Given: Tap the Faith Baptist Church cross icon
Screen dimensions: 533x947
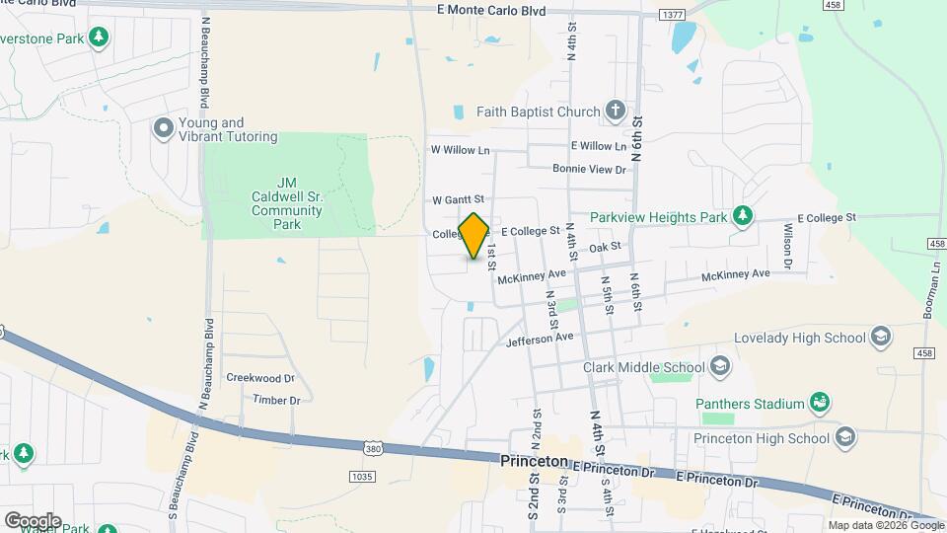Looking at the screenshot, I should tap(616, 110).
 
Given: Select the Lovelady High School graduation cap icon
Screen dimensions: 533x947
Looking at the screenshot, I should tap(882, 338).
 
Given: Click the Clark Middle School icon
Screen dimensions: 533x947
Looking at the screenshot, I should tap(721, 368).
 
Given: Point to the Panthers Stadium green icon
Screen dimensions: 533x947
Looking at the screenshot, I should tap(819, 403).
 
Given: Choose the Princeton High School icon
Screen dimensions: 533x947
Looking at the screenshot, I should tap(843, 437).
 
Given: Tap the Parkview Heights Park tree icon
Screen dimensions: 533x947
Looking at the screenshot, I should tap(743, 216).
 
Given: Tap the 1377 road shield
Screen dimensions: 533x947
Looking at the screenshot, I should tap(674, 15).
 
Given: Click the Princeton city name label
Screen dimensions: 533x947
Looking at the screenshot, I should tap(533, 461).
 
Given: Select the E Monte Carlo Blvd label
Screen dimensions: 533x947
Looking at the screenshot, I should tap(490, 10).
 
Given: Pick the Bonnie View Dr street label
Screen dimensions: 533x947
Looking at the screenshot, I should tap(589, 170).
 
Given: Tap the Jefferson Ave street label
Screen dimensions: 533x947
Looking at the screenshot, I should tap(540, 338).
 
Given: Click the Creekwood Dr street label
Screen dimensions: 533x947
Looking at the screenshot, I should tap(260, 378).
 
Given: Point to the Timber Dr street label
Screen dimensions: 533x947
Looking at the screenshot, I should tap(275, 400).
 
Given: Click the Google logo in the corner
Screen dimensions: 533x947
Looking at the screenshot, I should tap(33, 520).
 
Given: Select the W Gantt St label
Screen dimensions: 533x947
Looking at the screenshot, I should tap(459, 199).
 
